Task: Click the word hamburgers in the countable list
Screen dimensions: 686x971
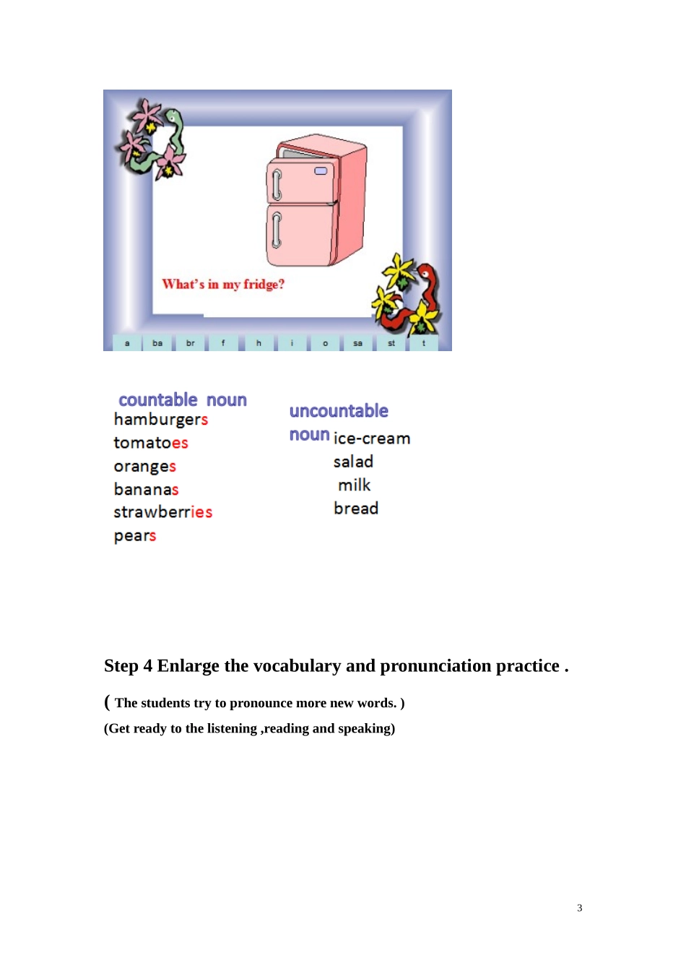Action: click(161, 420)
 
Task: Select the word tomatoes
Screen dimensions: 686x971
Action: click(151, 443)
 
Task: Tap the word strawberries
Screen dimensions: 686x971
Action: click(163, 512)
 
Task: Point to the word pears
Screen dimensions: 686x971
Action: click(135, 536)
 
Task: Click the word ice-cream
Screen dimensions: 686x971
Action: click(372, 439)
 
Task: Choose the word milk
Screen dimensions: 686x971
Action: click(354, 485)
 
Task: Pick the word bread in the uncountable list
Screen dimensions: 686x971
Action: click(356, 508)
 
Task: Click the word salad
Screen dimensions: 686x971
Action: click(353, 462)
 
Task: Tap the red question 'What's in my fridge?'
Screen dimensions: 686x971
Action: click(223, 285)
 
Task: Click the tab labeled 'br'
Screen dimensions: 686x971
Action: click(190, 343)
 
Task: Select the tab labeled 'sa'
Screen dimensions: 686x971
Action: click(357, 343)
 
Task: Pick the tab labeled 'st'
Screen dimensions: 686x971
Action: click(391, 343)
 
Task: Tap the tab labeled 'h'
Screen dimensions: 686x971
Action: click(259, 343)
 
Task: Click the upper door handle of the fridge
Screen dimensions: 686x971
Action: click(276, 185)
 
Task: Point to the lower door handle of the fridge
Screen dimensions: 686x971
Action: click(276, 230)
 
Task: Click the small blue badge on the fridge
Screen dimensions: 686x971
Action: click(321, 171)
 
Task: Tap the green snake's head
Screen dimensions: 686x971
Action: click(173, 116)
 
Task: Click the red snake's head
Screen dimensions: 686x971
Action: click(425, 272)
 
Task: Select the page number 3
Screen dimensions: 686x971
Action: click(579, 907)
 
